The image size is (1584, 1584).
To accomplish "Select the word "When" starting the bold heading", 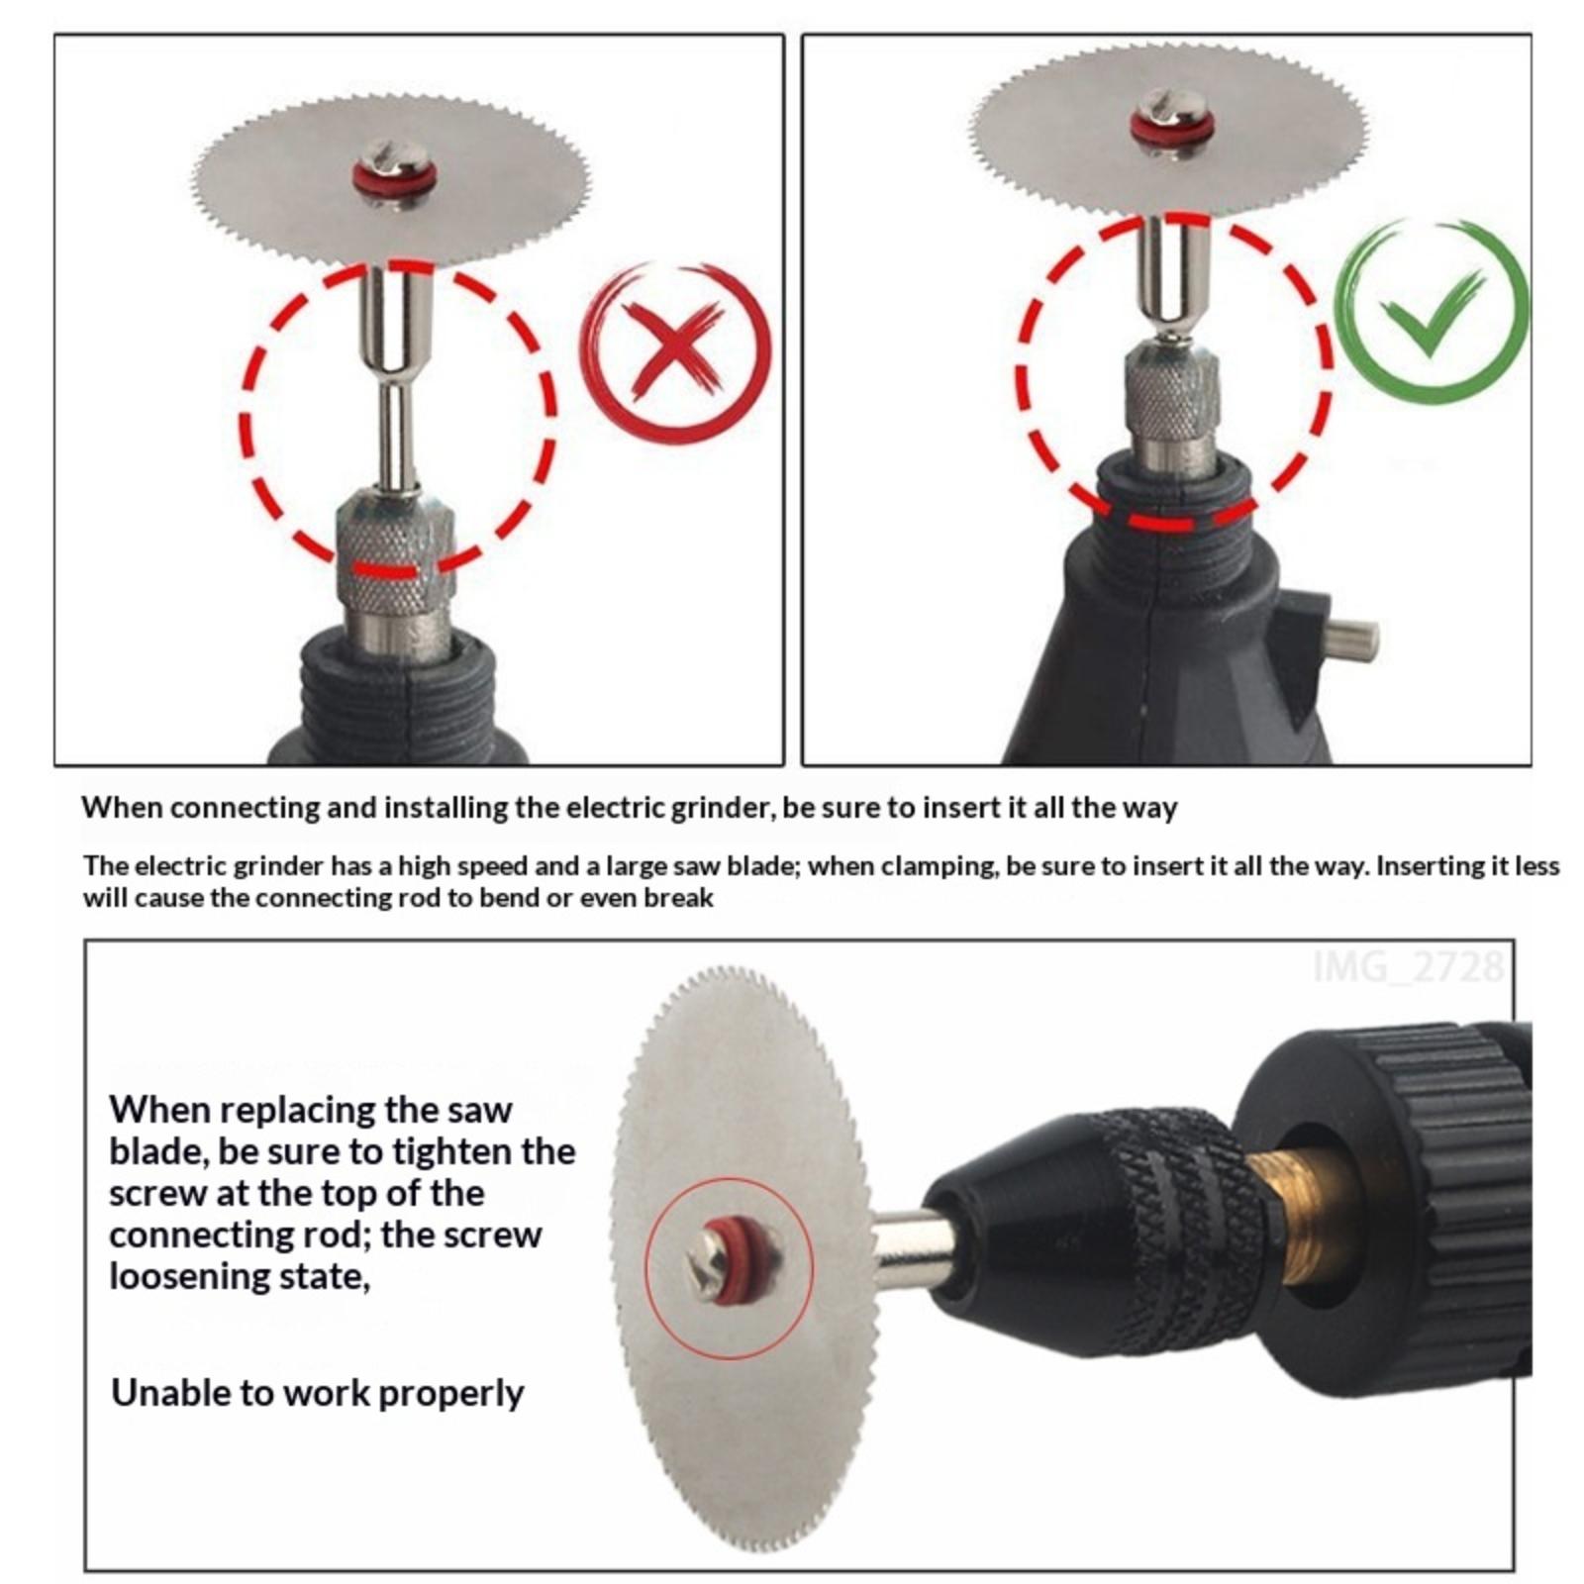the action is point(122,808).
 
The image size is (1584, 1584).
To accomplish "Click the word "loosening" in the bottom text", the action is point(187,1278).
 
